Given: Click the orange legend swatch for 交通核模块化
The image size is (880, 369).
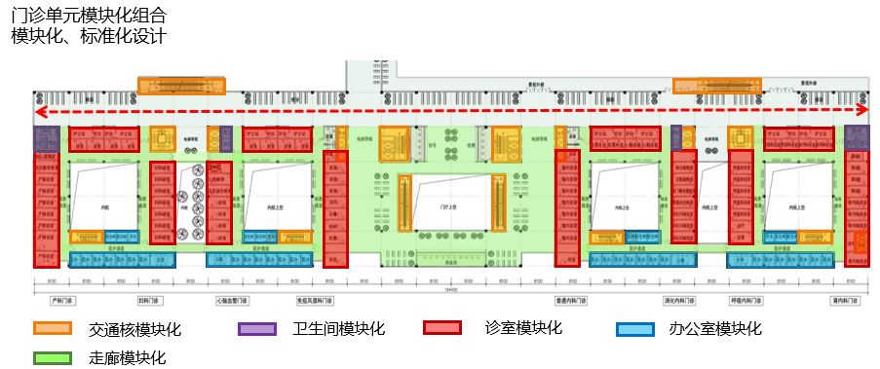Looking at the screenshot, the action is pos(53,328).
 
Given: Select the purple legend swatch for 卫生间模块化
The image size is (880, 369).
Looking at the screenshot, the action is pos(257,328).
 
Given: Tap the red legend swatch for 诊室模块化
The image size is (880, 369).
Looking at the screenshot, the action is pos(442,328).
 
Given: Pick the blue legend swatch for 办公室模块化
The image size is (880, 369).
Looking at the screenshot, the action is pos(634,329).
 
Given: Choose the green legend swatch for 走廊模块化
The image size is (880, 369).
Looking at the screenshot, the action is pos(53,357).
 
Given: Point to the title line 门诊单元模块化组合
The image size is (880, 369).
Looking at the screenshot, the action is pos(89,17).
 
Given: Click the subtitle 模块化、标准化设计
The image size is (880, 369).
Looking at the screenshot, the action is pos(89,36).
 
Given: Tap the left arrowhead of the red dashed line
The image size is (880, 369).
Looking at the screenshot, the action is pos(39,111).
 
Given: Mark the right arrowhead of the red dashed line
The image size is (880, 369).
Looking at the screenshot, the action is pos(861,111).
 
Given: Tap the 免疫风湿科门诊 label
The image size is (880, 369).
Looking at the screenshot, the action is pos(316,300).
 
